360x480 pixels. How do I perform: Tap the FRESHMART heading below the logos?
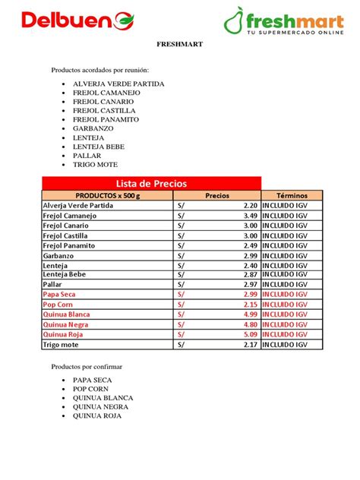pos(179,45)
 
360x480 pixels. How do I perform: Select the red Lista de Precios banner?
pos(151,183)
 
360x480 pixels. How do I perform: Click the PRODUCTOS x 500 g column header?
pos(108,195)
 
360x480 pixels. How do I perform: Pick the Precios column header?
pos(217,195)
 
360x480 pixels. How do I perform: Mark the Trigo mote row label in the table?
pos(63,344)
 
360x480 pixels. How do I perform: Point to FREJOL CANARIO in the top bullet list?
pos(103,101)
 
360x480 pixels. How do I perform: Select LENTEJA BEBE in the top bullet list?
pos(98,147)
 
